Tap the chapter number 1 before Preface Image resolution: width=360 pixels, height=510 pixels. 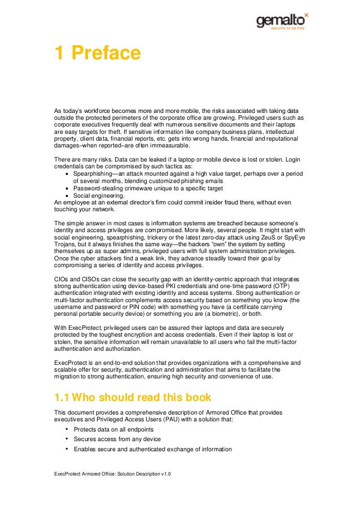coord(59,54)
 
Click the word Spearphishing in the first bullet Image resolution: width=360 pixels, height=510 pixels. coord(94,173)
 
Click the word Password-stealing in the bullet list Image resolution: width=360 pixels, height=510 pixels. coord(99,188)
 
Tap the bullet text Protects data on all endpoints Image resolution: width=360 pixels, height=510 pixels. coord(112,429)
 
